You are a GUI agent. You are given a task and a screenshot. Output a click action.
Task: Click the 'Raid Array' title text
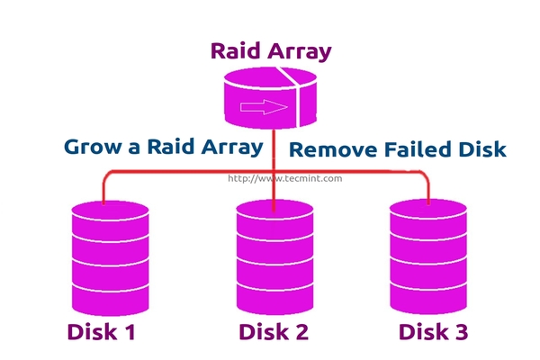[x=270, y=50]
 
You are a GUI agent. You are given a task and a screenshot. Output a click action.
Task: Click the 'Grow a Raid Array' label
[x=163, y=146]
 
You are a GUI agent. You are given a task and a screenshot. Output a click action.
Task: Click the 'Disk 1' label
[x=101, y=332]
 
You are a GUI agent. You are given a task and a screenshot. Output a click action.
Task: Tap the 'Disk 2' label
[x=274, y=332]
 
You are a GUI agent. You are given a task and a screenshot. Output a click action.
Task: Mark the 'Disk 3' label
[x=433, y=332]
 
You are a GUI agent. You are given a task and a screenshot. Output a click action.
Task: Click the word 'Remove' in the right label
[x=328, y=149]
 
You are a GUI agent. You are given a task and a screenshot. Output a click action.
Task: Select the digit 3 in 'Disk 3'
[x=460, y=332]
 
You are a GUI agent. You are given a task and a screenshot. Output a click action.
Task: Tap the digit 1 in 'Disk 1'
[x=129, y=332]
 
